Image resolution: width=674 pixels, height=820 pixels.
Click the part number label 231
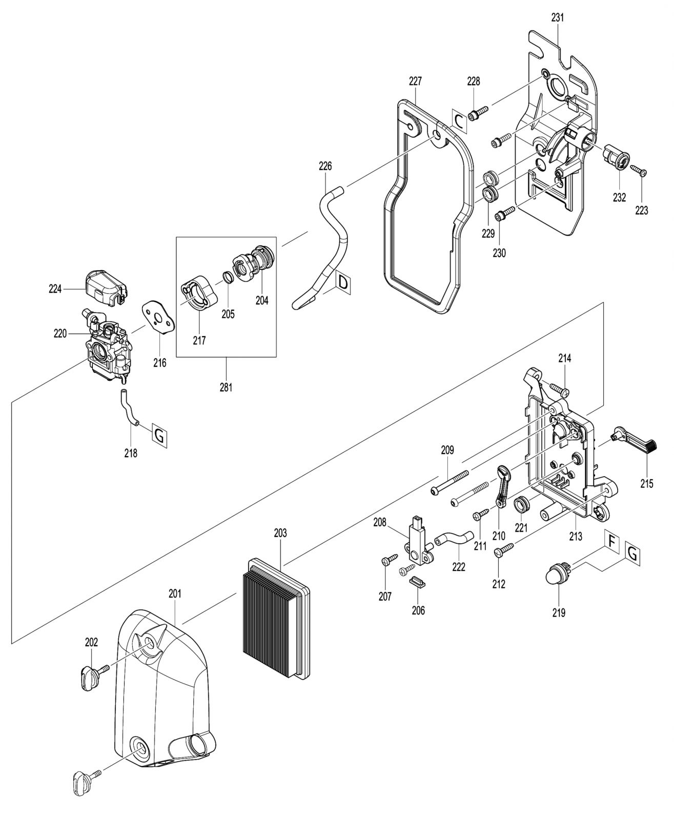557,18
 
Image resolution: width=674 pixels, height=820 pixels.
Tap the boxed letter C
459,121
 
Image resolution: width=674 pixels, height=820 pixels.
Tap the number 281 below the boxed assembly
226,387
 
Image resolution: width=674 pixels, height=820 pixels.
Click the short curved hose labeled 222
454,539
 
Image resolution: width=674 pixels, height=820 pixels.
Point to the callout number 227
415,81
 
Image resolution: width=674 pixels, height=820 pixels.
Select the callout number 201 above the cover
175,593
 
